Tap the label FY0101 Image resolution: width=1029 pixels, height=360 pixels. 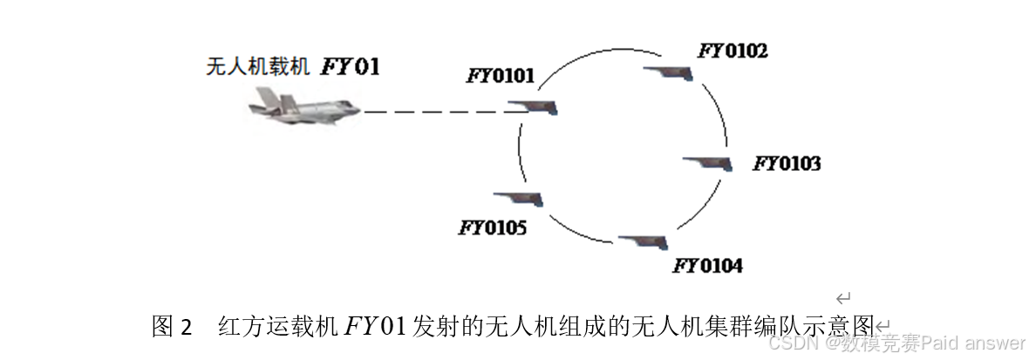click(501, 76)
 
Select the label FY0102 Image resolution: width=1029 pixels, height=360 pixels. click(733, 51)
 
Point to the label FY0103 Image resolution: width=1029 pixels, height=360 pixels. click(787, 163)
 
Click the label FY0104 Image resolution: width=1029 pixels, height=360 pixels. click(707, 265)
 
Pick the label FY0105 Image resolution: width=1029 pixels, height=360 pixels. click(493, 228)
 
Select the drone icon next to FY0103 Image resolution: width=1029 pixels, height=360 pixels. click(708, 163)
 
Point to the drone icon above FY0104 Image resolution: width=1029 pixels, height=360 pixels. click(644, 241)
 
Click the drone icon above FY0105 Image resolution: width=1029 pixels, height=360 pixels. click(519, 198)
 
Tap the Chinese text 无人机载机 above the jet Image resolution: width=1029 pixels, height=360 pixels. click(258, 67)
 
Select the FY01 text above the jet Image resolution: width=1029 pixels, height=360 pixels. click(351, 66)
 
